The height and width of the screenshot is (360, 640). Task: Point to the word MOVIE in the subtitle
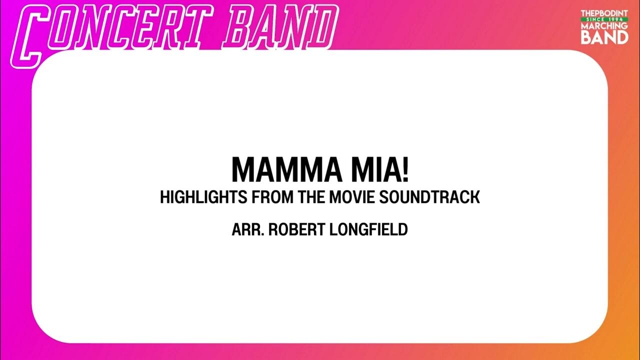point(352,197)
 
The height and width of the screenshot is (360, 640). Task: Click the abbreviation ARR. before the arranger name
point(247,230)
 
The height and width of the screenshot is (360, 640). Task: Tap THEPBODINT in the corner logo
point(604,13)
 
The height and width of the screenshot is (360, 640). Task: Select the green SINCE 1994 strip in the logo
point(604,19)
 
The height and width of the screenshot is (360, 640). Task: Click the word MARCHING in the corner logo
point(604,25)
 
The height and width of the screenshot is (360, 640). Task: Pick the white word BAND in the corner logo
point(604,37)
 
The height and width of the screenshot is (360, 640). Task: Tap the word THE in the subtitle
point(311,197)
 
